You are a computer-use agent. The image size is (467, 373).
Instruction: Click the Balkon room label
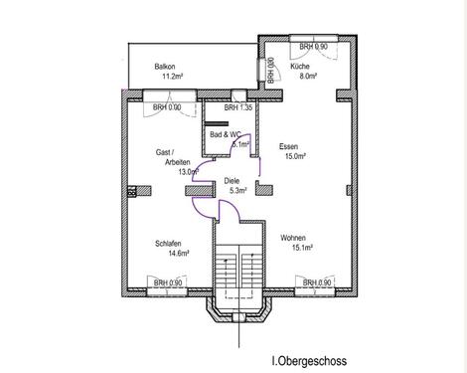pos(165,67)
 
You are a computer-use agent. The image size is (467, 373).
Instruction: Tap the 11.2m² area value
pos(173,77)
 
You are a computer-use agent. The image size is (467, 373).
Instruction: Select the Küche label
pos(300,67)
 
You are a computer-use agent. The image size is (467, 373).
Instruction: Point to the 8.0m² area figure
pos(308,76)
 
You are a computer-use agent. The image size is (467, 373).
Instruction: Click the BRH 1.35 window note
pos(238,107)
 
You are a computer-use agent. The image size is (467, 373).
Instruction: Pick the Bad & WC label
pos(226,135)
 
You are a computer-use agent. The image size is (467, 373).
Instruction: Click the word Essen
pos(288,146)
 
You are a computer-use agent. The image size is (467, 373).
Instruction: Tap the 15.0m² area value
pos(295,156)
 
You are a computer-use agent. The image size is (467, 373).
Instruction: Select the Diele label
pos(232,181)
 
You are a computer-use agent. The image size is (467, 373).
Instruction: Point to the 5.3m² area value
pos(238,191)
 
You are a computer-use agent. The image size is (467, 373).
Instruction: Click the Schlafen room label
pos(168,244)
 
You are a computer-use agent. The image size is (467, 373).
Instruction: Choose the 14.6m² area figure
pos(179,254)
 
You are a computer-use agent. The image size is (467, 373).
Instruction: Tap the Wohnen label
pos(293,238)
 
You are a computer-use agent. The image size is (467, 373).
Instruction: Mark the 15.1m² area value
pos(303,248)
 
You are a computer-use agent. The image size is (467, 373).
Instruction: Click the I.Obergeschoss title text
pos(309,361)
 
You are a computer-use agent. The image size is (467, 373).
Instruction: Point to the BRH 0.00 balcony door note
pos(167,107)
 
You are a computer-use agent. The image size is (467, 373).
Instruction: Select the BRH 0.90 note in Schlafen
pos(168,283)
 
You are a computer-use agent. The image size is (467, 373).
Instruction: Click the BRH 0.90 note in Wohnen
pos(317,282)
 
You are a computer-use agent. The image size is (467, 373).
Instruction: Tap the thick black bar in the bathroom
pos(217,123)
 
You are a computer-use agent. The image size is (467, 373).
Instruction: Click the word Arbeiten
pos(178,162)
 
